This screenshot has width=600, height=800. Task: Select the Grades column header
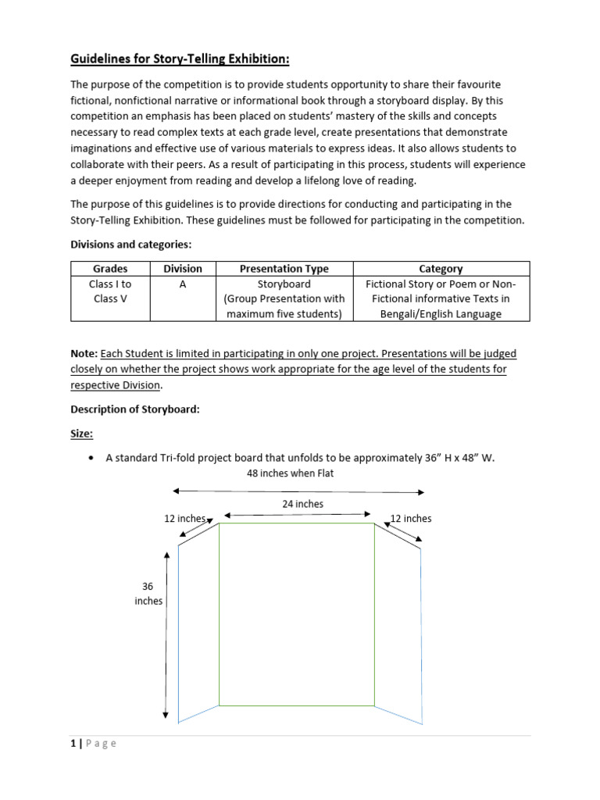pos(110,268)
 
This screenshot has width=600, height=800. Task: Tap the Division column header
pos(183,268)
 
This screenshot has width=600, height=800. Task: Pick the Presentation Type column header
pos(284,268)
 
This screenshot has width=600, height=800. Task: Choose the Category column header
pos(441,268)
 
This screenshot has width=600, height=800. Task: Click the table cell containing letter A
pos(183,284)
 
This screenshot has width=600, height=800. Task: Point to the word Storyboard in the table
pos(284,284)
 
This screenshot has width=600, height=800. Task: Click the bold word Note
pos(84,354)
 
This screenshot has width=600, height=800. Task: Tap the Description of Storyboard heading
pos(135,409)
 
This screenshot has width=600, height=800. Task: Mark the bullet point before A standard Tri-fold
pos(92,459)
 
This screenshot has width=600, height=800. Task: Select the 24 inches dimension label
pos(302,504)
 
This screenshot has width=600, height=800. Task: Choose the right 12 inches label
pos(411,519)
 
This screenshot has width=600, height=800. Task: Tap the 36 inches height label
pos(148,593)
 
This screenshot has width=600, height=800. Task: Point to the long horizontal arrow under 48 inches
pos(298,491)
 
